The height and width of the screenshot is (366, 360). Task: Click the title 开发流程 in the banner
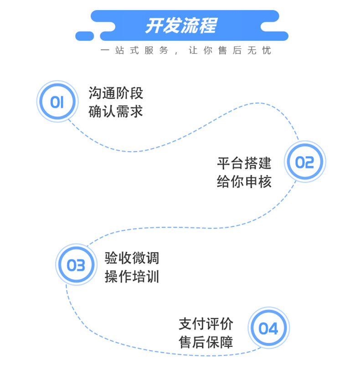coord(180,25)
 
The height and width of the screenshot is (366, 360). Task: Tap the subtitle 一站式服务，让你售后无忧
coord(186,51)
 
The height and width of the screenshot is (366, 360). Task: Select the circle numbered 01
coord(56,102)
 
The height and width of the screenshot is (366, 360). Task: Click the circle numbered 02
coord(304,162)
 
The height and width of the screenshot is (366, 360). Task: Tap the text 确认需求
coord(116,111)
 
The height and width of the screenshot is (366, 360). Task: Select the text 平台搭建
coord(244,163)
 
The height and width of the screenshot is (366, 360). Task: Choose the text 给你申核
coord(244,181)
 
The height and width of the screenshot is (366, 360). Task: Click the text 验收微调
coord(132,258)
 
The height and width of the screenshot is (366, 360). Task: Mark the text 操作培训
coord(132,276)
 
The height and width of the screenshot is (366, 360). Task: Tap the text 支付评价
coord(206,324)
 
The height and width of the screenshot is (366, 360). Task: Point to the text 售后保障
coord(206,342)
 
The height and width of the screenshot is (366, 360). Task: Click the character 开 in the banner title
coord(154,25)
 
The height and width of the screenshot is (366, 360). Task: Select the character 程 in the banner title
coord(208,25)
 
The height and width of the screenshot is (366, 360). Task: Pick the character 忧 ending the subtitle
coord(266,51)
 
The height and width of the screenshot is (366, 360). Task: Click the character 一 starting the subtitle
coord(105,51)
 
